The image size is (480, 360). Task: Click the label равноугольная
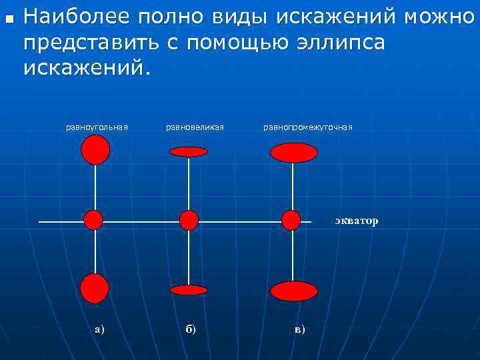97,127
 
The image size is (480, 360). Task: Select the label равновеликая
195,127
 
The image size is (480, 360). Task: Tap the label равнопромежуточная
307,127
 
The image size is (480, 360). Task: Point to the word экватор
356,221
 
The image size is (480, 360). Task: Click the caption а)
99,328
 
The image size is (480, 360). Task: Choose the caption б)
190,328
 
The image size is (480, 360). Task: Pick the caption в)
299,328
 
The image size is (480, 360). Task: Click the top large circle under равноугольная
95,149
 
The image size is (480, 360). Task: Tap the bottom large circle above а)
95,289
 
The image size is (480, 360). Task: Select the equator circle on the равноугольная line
94,220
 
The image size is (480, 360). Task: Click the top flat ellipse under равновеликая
189,151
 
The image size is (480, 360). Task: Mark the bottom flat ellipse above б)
189,290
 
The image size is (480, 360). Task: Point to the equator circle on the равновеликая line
189,220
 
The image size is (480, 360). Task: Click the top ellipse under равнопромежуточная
294,153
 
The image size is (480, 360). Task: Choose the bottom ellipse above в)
294,291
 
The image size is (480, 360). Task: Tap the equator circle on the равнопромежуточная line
291,220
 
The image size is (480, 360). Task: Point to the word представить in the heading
92,41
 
